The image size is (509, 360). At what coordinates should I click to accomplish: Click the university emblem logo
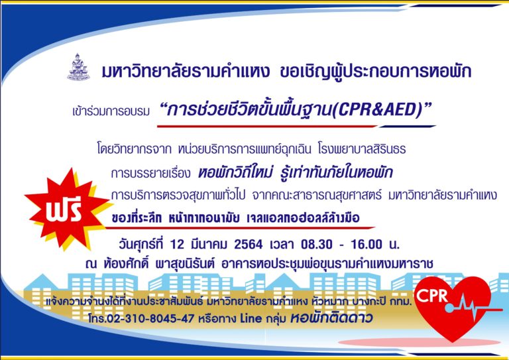[79, 67]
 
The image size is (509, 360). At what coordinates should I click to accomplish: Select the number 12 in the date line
[177, 244]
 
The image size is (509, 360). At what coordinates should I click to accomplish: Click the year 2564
[249, 244]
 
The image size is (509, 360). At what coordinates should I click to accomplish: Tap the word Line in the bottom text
[251, 318]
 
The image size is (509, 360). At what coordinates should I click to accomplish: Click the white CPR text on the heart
[431, 296]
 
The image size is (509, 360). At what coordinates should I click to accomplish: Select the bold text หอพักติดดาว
[331, 318]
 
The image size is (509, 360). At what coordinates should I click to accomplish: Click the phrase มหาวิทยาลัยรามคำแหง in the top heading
[186, 72]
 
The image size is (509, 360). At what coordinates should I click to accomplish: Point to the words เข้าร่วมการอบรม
[111, 111]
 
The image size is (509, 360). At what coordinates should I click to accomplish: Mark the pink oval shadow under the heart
[419, 343]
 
